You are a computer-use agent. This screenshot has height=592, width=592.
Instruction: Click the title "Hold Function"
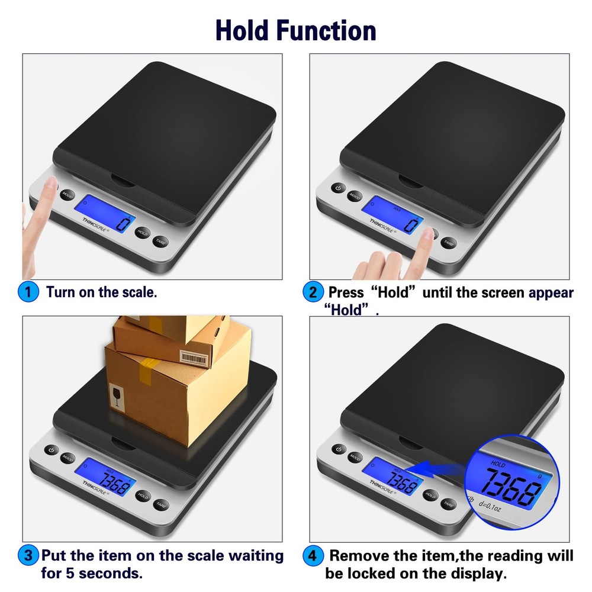coord(295,30)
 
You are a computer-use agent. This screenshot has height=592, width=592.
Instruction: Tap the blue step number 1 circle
coord(28,292)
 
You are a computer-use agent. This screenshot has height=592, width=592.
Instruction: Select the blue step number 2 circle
coord(312,292)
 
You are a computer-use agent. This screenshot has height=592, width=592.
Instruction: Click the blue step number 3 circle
coord(28,556)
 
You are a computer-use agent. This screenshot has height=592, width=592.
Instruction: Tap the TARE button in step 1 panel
coord(160,241)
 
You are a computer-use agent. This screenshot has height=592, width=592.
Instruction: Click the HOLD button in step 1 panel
coord(141,232)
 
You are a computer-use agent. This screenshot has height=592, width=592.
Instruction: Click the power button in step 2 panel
coord(337,188)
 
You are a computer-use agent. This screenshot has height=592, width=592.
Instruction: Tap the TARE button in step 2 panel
coord(448,242)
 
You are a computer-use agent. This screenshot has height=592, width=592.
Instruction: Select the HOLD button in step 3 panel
coord(142,496)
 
